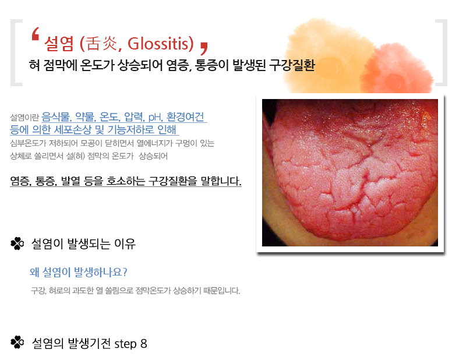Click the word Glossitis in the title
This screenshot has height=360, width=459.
[x=160, y=44]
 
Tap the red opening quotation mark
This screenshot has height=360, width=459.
[x=36, y=34]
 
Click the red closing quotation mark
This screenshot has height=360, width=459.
[x=204, y=48]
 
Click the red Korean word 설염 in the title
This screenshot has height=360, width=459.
[x=59, y=44]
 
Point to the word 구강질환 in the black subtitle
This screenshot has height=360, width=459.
[x=292, y=65]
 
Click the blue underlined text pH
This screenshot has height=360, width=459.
[x=155, y=117]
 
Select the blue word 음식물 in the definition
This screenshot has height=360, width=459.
[x=56, y=117]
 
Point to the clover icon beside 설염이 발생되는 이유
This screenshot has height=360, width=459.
[x=17, y=243]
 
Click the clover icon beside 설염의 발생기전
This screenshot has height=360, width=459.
[x=17, y=343]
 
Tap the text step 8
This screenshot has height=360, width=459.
[x=130, y=344]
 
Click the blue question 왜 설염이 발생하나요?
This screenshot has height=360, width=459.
[x=79, y=272]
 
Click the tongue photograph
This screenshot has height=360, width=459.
[x=350, y=172]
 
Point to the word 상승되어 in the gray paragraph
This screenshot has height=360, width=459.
[x=153, y=156]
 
